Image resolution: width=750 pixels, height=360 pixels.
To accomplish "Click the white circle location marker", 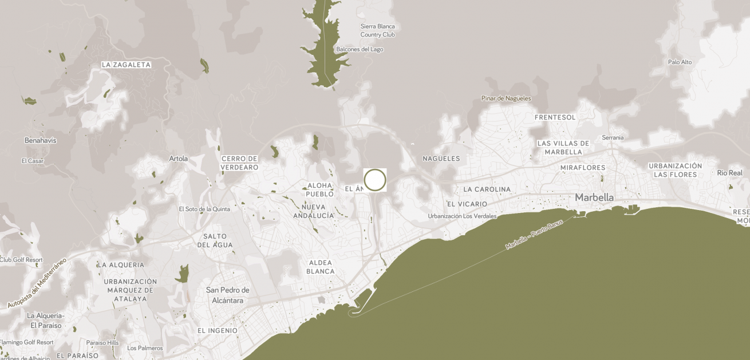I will coord(375,180).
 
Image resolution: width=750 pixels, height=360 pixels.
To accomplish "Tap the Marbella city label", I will coord(594,197).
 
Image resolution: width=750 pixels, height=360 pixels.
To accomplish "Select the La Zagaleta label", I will coord(126,65).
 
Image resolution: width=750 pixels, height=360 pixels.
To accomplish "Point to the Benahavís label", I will coord(40,140).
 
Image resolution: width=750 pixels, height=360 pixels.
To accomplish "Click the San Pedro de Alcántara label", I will coord(228,295).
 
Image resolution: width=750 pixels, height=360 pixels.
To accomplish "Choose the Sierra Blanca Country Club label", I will coord(377,30).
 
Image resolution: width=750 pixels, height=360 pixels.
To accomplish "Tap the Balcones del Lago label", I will coord(360,49).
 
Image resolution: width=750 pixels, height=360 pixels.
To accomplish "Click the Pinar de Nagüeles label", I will coord(506,98).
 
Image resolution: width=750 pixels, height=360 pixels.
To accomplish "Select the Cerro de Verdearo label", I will coord(240,163).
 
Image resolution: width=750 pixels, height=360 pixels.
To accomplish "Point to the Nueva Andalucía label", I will coord(313,211).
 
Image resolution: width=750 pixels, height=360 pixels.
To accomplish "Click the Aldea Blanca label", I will coord(320,267).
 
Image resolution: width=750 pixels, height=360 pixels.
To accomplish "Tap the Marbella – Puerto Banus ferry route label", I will coord(534,234).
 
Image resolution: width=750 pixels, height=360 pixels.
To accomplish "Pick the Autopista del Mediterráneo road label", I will coord(37,283).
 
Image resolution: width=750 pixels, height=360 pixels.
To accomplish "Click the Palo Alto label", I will coord(680,62).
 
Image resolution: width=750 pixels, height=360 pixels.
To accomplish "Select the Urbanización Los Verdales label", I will coord(462,216).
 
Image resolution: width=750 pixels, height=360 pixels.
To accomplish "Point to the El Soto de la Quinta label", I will coord(204,209).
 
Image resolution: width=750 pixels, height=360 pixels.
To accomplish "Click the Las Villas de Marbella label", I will coord(563,148).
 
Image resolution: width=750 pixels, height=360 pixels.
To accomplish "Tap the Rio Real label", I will coord(729,173).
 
